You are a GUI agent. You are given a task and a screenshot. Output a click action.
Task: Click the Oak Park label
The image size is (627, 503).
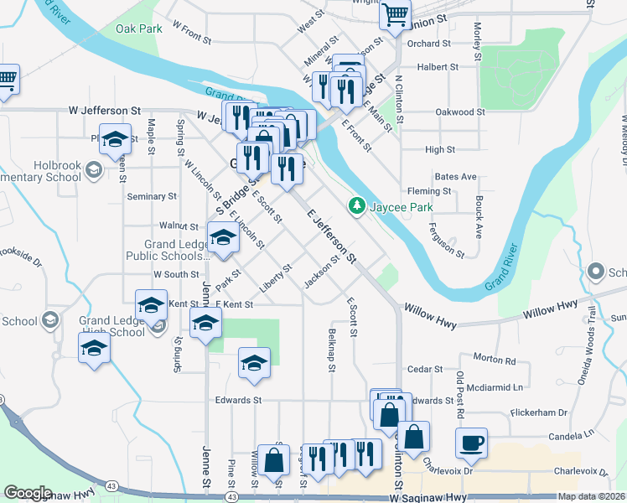[138, 29]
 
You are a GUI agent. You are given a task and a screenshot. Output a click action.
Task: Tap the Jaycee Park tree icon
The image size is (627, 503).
[356, 205]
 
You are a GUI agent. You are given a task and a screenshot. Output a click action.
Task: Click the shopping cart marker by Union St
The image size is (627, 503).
[394, 13]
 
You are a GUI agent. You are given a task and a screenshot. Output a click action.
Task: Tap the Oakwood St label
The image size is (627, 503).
[460, 111]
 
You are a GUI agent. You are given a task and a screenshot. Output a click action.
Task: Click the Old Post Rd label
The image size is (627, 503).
[459, 395]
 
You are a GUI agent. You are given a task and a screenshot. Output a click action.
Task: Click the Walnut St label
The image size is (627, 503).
[178, 226]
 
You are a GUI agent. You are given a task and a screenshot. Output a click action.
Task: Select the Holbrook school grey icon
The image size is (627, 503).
[93, 172]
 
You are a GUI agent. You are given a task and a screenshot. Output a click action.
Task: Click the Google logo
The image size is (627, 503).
[28, 492]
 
